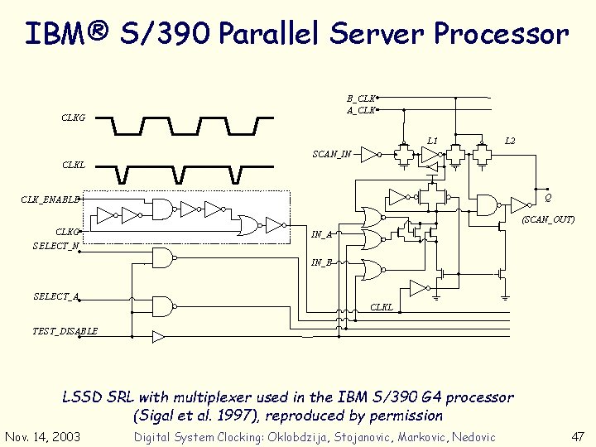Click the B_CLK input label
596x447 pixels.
(360, 99)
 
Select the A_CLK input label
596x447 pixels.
(360, 109)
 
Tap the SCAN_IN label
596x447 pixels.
(331, 154)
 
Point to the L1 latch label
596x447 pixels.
(432, 141)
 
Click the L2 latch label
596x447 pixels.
(510, 141)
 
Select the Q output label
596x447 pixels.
(548, 197)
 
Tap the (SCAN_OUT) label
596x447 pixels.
(547, 219)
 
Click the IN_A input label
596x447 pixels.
(321, 235)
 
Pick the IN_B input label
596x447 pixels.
(321, 262)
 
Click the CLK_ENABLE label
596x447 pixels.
(50, 199)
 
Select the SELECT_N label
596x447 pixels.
(55, 246)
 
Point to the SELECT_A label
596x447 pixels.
(55, 296)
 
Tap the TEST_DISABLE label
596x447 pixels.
(65, 331)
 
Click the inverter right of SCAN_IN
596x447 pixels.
(372, 153)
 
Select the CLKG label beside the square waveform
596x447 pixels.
(73, 118)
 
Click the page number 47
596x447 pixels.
(577, 436)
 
